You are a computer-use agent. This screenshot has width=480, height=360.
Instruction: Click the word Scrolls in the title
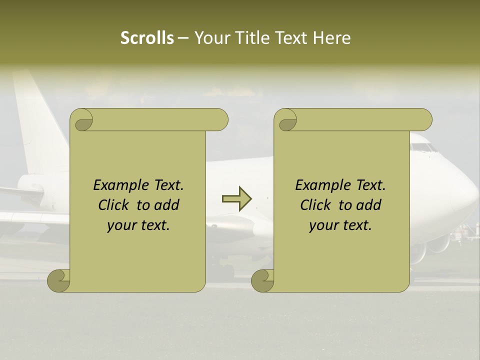point(147,38)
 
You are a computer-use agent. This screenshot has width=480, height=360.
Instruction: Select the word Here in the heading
point(331,38)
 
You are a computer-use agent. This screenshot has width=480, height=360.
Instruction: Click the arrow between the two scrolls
point(236,199)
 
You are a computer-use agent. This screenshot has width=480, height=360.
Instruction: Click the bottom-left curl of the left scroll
point(59,281)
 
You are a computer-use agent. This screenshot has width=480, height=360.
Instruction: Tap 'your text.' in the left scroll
point(138,225)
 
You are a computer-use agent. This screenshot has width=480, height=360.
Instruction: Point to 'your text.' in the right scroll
point(340,225)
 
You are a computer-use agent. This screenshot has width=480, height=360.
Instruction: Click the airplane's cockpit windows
point(423,148)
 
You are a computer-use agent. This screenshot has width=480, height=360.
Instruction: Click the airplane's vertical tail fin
point(35,120)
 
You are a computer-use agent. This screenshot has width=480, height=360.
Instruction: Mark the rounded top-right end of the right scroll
point(425,119)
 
